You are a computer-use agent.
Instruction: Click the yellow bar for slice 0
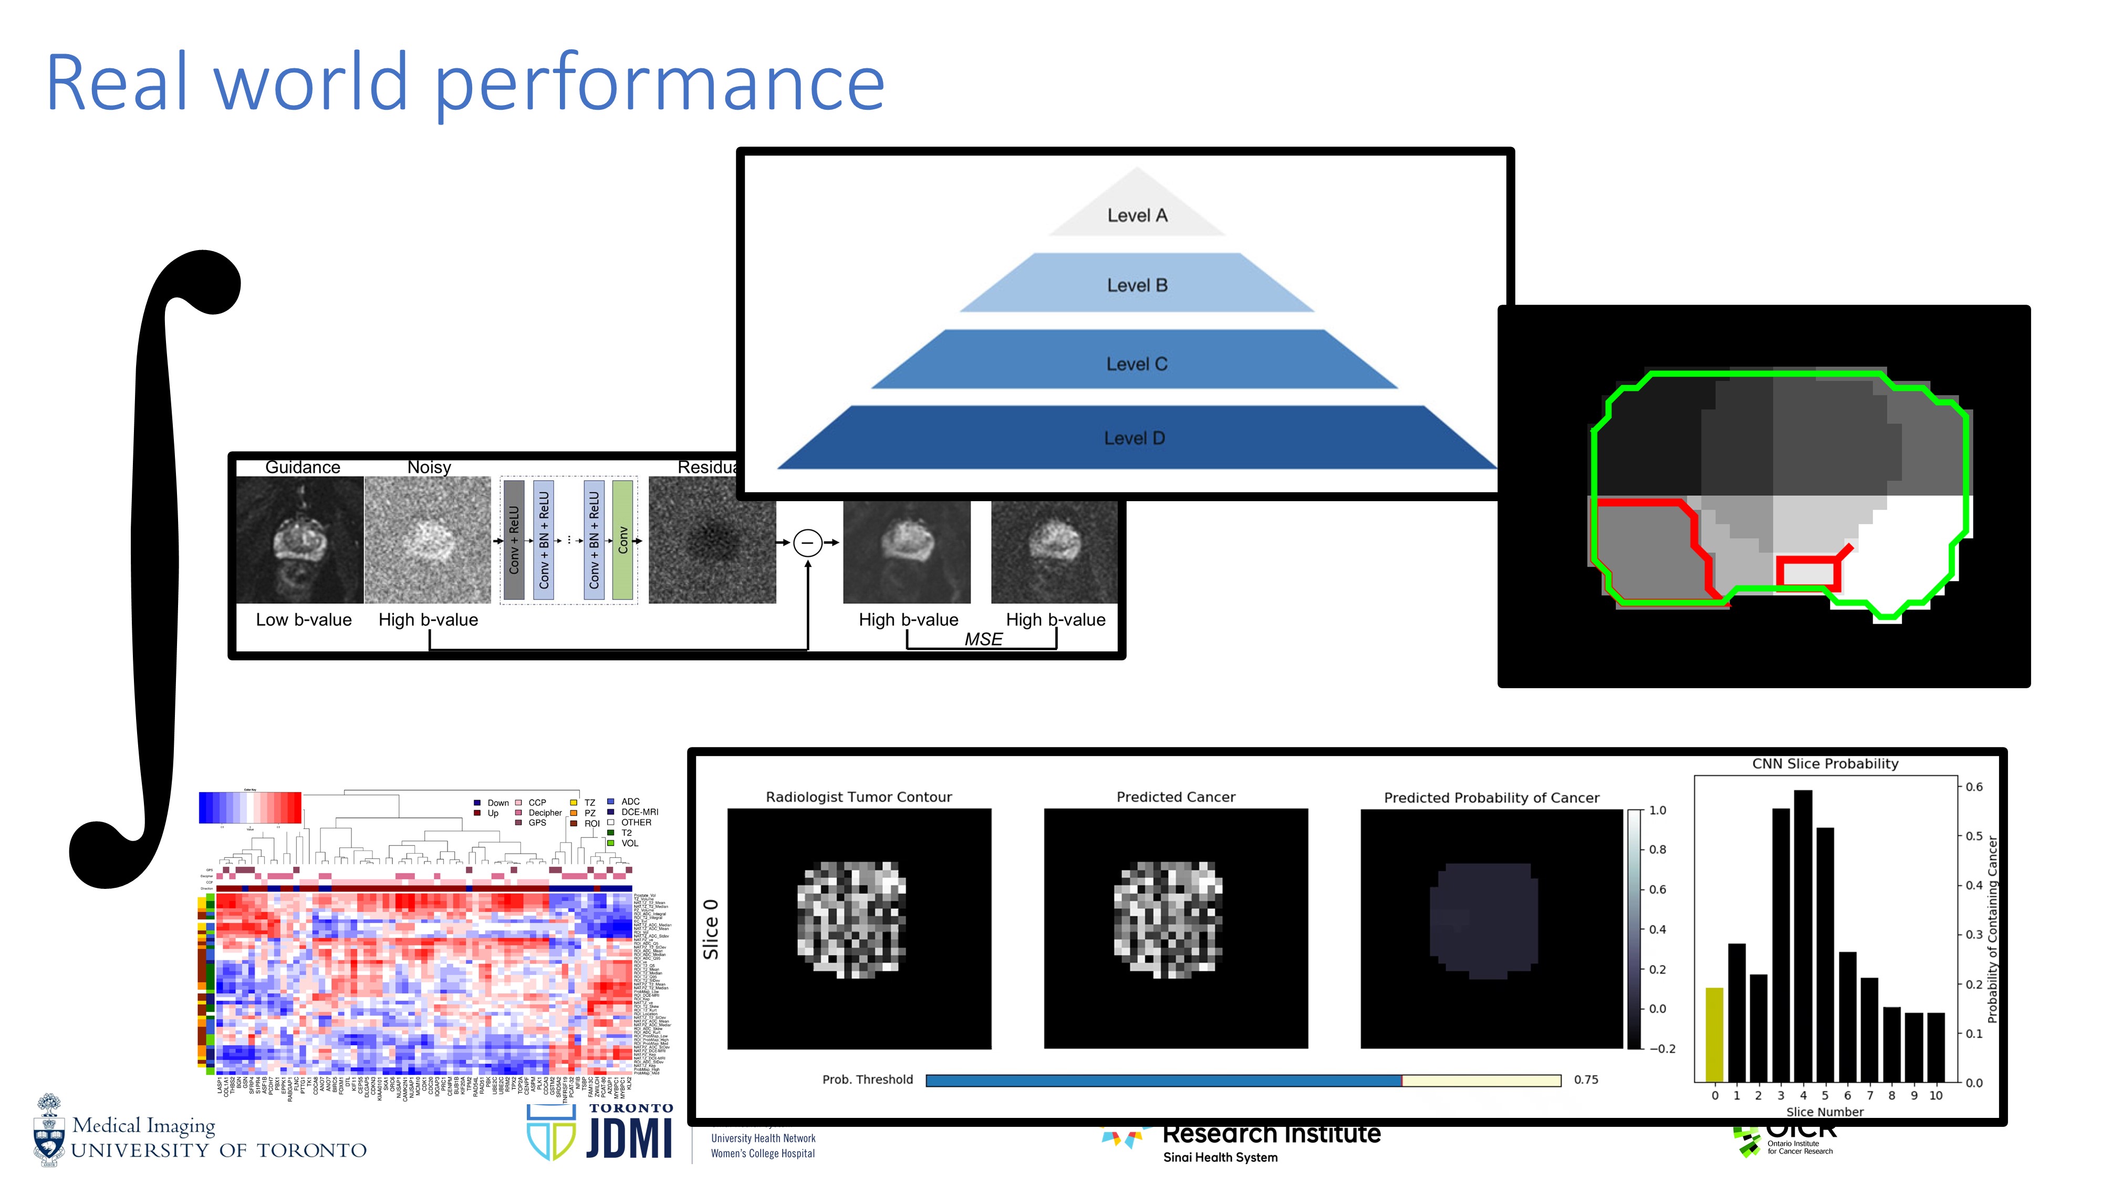coord(1714,1034)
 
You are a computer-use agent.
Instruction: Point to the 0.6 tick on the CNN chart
coord(1974,787)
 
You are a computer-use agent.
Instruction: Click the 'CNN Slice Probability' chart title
coord(1825,763)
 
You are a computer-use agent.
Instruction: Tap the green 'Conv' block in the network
coord(622,540)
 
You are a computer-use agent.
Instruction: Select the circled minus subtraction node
coord(807,543)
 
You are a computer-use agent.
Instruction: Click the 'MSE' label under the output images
coord(983,639)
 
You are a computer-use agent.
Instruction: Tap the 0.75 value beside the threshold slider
coord(1586,1079)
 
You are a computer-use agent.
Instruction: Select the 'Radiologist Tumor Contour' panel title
coord(858,797)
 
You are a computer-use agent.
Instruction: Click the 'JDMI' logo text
coord(629,1138)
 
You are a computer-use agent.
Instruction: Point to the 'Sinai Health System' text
coord(1220,1157)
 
